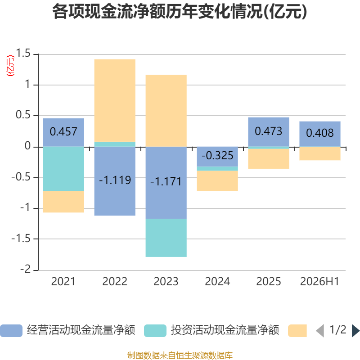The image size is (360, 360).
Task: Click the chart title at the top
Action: [180, 12]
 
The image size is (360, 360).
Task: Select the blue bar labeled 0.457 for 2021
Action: [63, 132]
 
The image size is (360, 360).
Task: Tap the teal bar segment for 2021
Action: [63, 169]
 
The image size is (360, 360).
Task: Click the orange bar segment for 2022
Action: [115, 100]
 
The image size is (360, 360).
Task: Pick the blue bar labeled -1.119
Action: [115, 181]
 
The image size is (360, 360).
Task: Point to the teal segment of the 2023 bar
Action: [166, 238]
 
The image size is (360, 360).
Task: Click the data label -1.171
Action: [166, 182]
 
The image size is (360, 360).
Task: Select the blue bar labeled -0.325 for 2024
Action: [217, 157]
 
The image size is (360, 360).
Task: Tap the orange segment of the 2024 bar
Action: [217, 181]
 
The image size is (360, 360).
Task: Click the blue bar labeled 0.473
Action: [269, 132]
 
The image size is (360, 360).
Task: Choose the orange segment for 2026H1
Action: [320, 153]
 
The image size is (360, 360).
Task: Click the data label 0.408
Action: [320, 133]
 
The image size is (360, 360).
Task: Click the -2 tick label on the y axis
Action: [26, 269]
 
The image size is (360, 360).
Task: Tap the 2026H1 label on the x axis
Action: [319, 282]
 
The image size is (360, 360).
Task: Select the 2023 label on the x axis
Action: [166, 282]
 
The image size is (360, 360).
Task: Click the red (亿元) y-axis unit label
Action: [10, 66]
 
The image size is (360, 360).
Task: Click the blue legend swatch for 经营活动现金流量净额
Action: [11, 331]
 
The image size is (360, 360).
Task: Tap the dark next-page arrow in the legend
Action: [356, 331]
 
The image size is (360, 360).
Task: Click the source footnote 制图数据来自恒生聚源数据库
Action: [180, 355]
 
